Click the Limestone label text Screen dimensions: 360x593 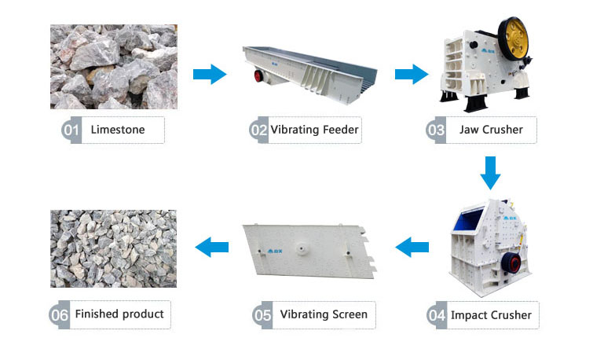(x=118, y=130)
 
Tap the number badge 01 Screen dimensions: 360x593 (x=72, y=130)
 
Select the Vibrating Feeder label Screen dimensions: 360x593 (x=314, y=130)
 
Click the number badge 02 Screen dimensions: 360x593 (x=259, y=130)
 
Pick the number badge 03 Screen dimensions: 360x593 (x=437, y=130)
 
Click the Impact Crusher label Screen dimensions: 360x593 (x=491, y=315)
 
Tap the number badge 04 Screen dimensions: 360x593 (x=437, y=316)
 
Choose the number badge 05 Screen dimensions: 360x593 (x=262, y=315)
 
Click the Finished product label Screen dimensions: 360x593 (x=119, y=314)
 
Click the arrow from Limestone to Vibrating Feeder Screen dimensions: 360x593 (x=209, y=75)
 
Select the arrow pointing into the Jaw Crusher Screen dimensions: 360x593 (x=410, y=75)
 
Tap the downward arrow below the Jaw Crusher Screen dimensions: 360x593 (x=490, y=172)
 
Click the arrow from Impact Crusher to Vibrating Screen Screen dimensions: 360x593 (x=412, y=248)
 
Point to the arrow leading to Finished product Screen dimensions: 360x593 (x=211, y=247)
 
